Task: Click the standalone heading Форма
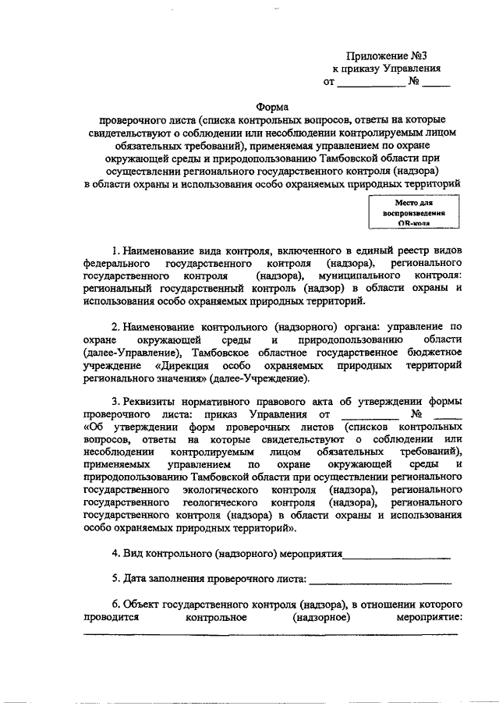tap(271, 107)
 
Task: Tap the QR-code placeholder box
tap(413, 211)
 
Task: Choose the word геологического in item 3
tap(235, 502)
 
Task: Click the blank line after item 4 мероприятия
tap(398, 555)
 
